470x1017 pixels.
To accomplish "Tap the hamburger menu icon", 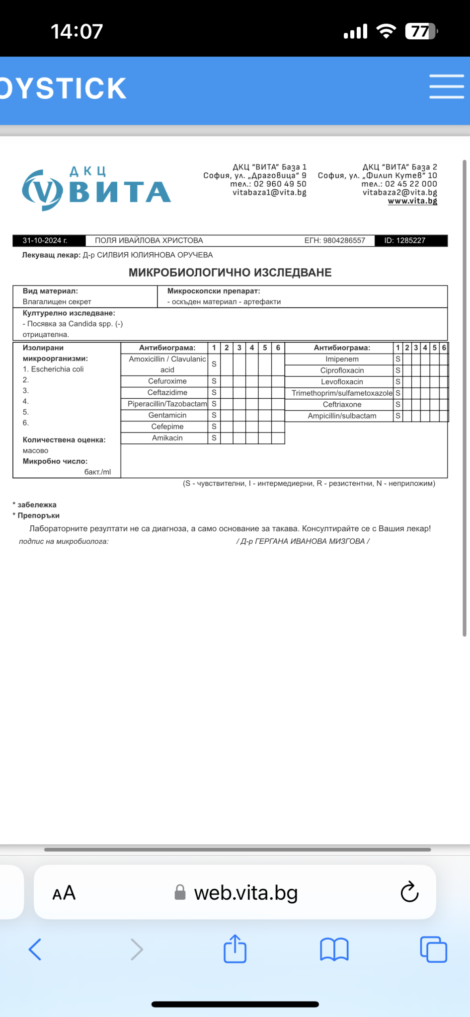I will (x=446, y=87).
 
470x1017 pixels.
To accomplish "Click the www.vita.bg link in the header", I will (x=412, y=201).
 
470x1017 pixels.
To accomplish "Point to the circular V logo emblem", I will (x=42, y=190).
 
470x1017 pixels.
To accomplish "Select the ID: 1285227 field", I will (x=405, y=240).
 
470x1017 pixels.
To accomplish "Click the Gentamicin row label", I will (x=167, y=415).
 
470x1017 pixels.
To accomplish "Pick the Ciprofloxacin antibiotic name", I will (x=342, y=370).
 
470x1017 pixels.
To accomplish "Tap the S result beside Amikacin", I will (x=214, y=438).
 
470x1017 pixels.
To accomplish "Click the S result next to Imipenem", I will (x=398, y=359).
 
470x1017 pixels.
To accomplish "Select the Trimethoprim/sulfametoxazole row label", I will (x=342, y=393).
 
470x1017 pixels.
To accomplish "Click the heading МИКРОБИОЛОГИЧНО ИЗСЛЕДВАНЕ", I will (x=230, y=273).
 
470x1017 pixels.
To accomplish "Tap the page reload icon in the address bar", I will (x=409, y=892).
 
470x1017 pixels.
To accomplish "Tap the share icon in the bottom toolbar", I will (x=235, y=949).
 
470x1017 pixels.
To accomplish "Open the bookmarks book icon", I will (x=334, y=949).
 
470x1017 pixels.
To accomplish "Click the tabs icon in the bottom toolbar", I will (x=433, y=949).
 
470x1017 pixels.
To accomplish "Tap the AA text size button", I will (x=64, y=893).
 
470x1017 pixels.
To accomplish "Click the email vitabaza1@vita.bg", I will (x=269, y=193).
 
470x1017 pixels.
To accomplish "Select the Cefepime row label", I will (x=167, y=427).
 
